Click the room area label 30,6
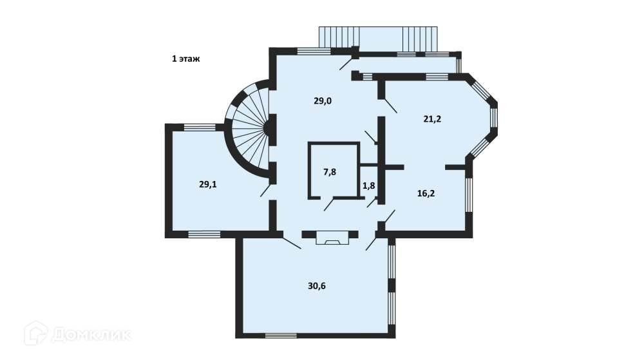(317, 286)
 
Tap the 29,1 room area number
(208, 184)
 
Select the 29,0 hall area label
(323, 101)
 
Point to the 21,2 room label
(433, 119)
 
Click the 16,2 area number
(426, 193)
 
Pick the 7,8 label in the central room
(330, 172)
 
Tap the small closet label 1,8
(369, 186)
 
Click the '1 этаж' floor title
(185, 59)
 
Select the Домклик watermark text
(91, 335)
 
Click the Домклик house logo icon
(35, 333)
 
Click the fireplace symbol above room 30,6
(332, 238)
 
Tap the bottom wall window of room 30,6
(281, 336)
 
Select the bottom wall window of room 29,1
(204, 234)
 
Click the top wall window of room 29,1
(200, 127)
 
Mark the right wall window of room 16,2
(469, 195)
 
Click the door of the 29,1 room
(266, 191)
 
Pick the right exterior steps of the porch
(420, 39)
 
